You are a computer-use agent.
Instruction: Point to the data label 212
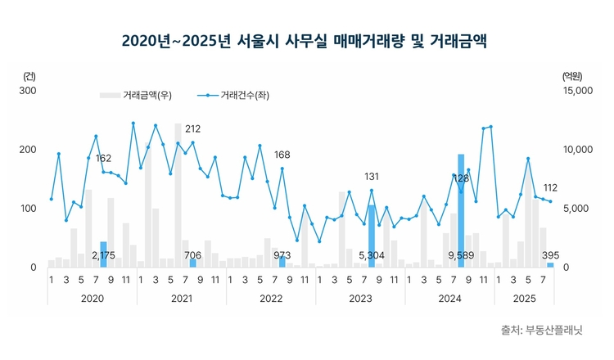193,129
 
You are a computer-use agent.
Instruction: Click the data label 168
282,155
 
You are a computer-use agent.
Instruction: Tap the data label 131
372,177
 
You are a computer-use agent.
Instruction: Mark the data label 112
550,187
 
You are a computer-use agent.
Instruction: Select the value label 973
282,255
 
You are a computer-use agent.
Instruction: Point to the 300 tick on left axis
28,91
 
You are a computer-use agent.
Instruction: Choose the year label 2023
360,299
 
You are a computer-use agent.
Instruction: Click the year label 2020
93,299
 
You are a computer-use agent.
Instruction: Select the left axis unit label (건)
30,76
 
